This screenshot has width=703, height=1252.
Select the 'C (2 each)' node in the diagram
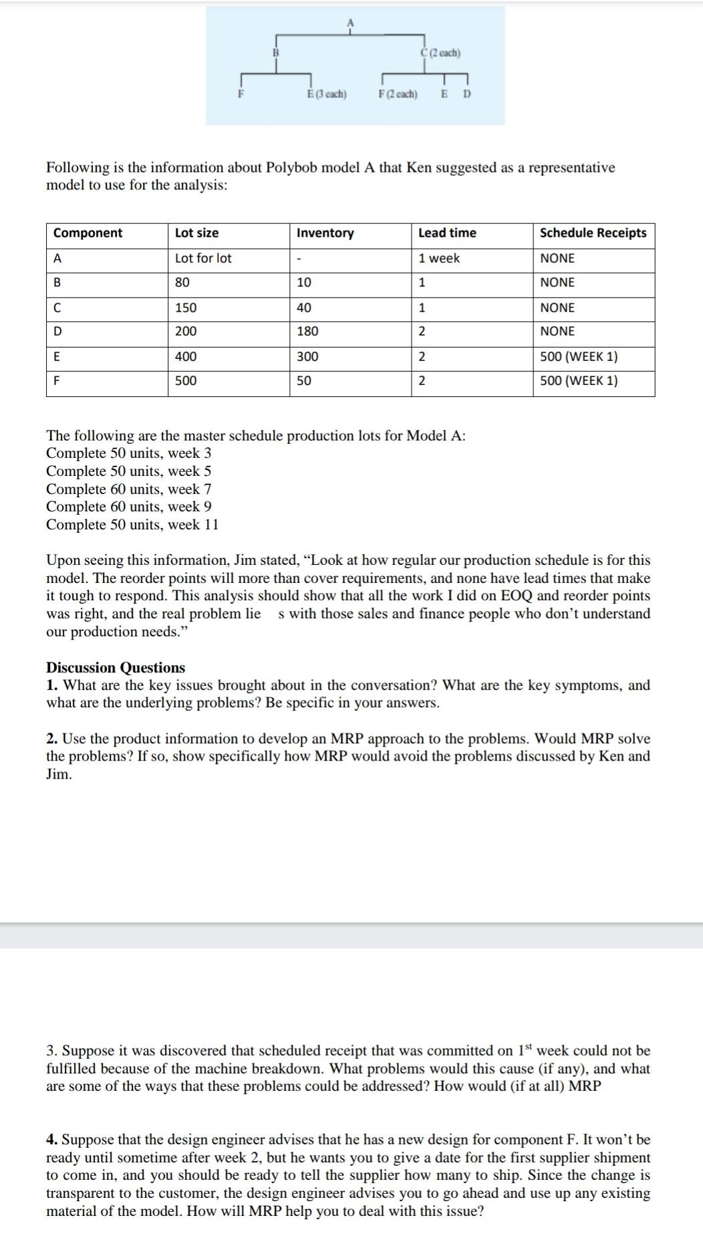coord(440,53)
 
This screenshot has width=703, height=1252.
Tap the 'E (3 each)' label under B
coord(326,94)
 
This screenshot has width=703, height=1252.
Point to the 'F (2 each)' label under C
coord(398,94)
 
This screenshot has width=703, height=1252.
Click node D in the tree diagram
coord(466,94)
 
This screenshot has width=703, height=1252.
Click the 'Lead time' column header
coord(447,233)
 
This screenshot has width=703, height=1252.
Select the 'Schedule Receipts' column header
coord(593,233)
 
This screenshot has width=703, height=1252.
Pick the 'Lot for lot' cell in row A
coord(203,258)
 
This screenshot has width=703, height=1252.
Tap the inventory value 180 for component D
coord(307,332)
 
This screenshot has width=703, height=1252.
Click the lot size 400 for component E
coord(186,356)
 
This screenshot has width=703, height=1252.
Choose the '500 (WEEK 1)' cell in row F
coord(579,381)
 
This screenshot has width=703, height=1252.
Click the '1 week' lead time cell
coord(439,258)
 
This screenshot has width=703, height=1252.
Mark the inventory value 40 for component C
coord(304,307)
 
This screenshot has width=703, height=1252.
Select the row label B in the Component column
coord(57,283)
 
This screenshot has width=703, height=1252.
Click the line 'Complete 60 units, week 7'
coord(128,489)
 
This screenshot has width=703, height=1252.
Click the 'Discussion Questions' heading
coord(116,668)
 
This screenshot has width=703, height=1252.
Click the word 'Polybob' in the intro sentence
coord(292,167)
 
